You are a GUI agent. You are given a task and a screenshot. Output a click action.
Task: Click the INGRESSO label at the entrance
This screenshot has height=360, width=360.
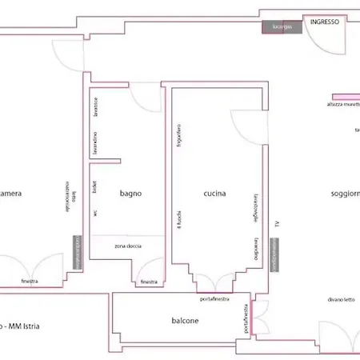(x=325, y=23)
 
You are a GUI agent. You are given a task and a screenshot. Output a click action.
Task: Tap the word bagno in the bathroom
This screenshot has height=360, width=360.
(x=130, y=194)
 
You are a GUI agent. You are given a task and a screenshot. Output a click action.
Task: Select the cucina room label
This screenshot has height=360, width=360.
(x=214, y=194)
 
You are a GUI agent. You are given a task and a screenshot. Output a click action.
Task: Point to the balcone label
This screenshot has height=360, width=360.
(x=185, y=321)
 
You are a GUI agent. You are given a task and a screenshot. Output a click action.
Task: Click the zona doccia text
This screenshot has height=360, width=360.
(x=129, y=246)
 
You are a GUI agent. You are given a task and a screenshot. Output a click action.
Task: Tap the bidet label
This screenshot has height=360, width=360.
(x=95, y=186)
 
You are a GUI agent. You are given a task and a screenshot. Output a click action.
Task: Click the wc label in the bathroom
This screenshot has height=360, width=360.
(x=95, y=213)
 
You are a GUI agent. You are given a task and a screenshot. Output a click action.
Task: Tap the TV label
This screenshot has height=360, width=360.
(x=278, y=225)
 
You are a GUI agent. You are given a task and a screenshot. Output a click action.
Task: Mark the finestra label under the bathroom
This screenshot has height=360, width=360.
(x=149, y=282)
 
